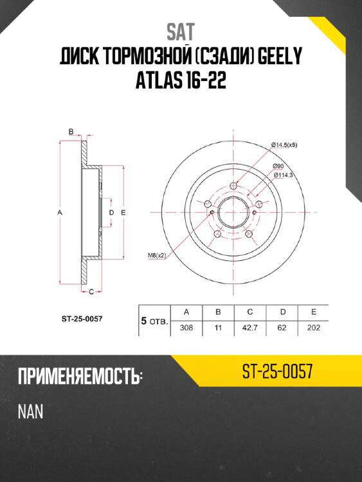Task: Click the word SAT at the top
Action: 181,30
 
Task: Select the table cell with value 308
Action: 186,328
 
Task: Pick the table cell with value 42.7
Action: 249,328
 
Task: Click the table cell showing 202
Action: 312,328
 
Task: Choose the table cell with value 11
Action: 218,328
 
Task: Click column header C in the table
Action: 249,312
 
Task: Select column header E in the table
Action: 312,312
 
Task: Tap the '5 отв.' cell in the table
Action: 154,320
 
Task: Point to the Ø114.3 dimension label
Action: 284,174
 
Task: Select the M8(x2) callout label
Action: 156,255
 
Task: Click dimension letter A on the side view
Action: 59,211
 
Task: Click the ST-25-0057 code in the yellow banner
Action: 277,372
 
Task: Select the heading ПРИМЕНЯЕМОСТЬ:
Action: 78,376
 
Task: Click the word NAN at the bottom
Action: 31,412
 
